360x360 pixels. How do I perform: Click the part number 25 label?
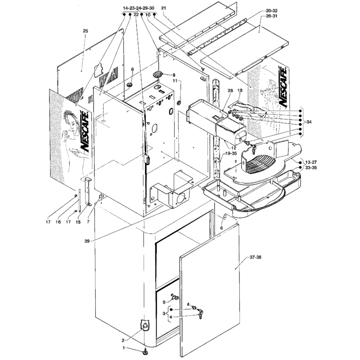coord(85,31)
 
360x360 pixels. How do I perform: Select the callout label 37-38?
coord(255,257)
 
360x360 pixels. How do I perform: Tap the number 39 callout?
coord(87,241)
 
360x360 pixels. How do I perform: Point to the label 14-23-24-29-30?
coord(139,8)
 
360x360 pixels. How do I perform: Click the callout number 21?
coord(163,8)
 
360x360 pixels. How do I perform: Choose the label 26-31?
coord(272,16)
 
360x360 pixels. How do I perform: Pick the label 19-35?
coord(231,153)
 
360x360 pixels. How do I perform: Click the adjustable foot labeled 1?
coord(145,351)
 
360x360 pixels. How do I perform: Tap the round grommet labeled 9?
coord(157,74)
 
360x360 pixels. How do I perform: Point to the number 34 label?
coord(309,122)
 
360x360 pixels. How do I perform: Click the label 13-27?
coord(311,162)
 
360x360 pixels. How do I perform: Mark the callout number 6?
coord(221,228)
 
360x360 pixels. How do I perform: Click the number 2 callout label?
coord(123,340)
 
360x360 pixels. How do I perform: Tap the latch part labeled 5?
coord(175,297)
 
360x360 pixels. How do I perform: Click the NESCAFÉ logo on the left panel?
coord(84,131)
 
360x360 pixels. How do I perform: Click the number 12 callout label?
coord(234,148)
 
